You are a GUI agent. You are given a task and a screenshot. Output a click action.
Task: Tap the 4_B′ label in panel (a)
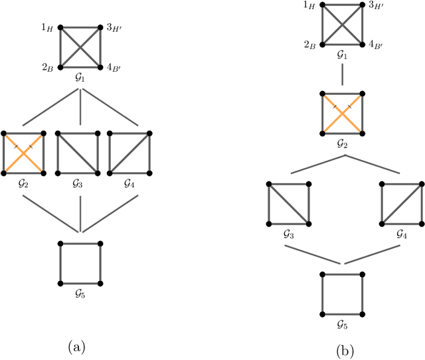114,68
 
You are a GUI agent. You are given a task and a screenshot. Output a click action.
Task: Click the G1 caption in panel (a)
80,79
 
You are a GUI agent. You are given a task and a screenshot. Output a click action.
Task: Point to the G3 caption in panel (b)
288,234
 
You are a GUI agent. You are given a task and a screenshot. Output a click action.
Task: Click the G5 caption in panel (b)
341,325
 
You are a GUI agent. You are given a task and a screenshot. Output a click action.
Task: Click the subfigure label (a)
78,346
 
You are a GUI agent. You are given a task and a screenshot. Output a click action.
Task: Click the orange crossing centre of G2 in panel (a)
23,153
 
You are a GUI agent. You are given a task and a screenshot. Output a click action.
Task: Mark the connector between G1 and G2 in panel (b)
341,75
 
